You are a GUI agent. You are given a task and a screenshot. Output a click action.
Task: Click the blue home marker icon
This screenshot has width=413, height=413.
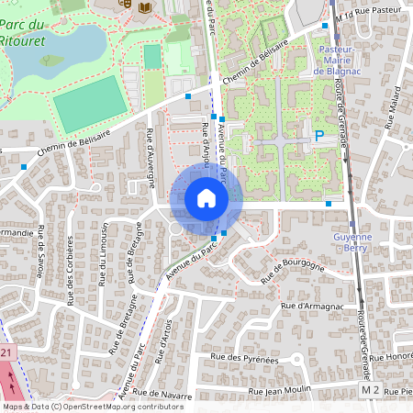[x=206, y=198]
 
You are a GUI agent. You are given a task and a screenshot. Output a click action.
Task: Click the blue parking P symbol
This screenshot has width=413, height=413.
[x=319, y=136]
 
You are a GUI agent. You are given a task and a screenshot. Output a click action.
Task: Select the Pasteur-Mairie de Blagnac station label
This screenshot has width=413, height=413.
[x=340, y=59]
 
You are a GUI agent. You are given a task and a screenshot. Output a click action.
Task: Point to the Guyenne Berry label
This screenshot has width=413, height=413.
[x=350, y=241]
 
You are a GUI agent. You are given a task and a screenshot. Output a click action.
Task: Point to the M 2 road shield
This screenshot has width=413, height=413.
[x=370, y=390]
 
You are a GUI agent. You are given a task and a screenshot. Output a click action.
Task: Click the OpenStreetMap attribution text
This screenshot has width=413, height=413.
[x=93, y=407]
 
